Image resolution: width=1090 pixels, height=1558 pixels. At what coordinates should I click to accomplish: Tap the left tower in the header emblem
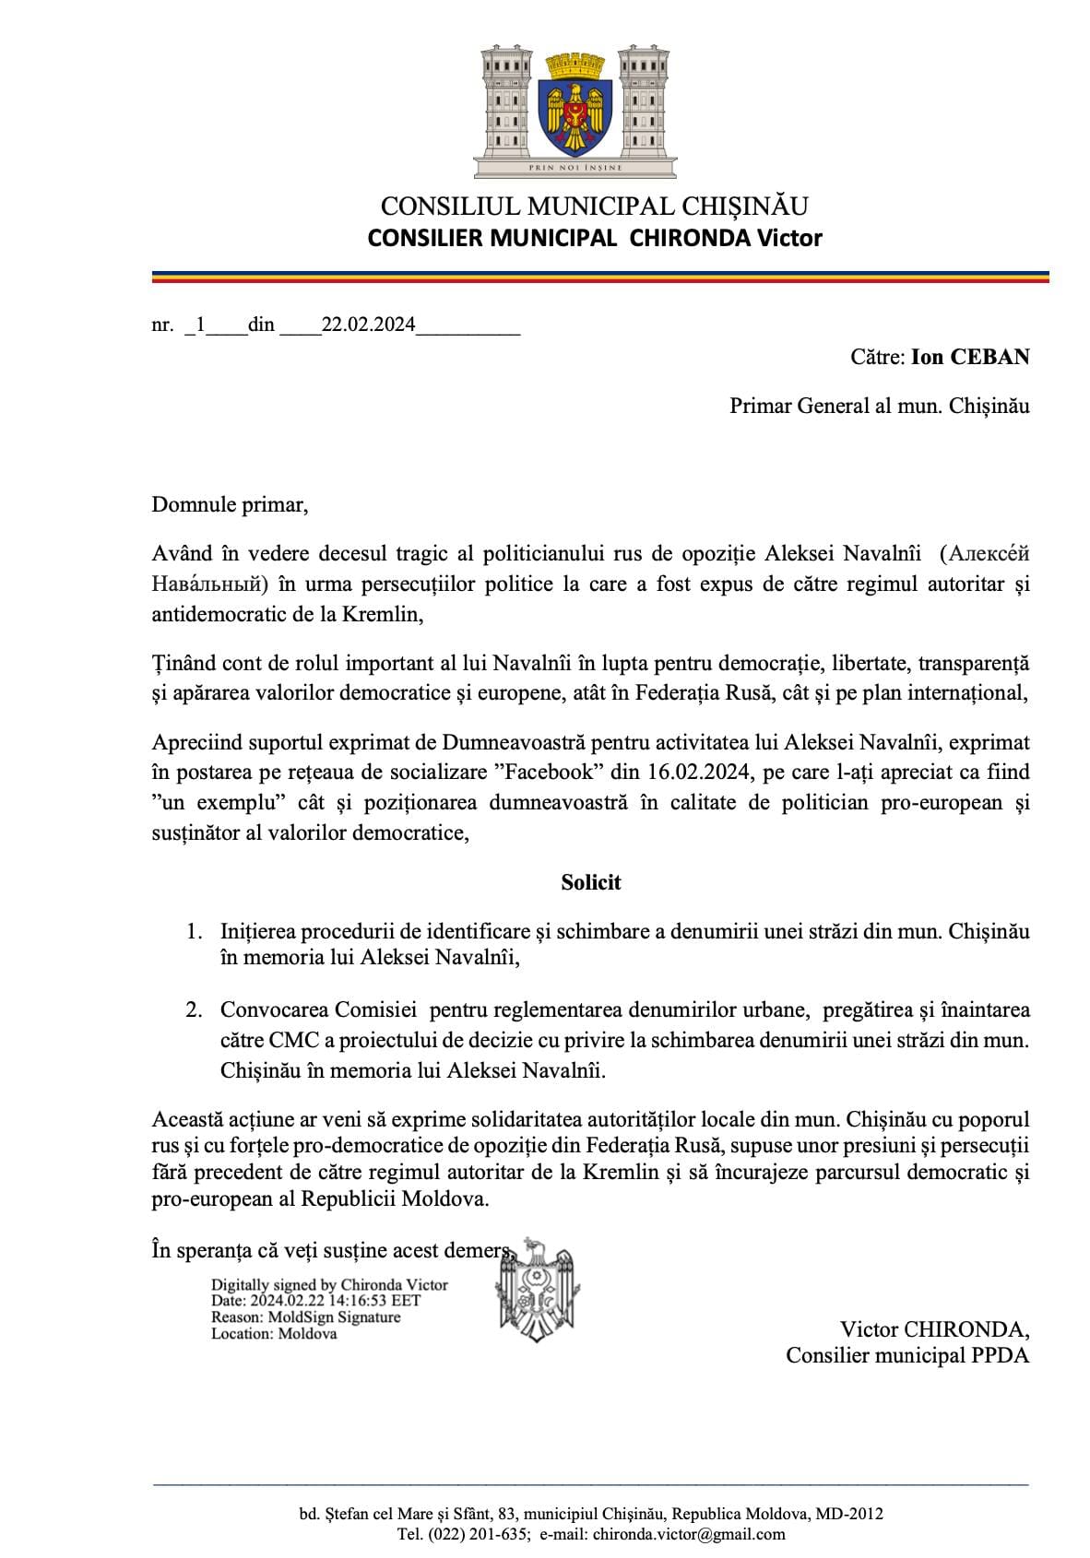point(506,100)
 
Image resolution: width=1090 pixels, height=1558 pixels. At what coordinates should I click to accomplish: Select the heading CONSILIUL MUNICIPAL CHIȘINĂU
point(594,207)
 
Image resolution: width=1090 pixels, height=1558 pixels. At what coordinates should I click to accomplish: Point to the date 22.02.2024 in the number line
point(369,325)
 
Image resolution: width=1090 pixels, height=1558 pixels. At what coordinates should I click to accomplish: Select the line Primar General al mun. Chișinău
point(879,406)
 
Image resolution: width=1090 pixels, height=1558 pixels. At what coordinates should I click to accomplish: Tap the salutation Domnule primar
point(230,504)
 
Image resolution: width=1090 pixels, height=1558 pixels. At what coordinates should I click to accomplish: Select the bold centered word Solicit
point(591,882)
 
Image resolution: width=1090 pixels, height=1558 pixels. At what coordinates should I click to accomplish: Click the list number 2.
point(194,1010)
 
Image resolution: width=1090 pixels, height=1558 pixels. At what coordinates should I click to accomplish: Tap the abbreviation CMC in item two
point(293,1040)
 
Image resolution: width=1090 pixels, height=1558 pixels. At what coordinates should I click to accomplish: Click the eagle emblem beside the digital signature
point(538,1287)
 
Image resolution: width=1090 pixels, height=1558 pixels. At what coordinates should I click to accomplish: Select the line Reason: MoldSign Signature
point(305,1317)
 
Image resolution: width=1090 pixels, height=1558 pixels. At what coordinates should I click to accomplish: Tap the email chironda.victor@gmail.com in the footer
point(688,1534)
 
